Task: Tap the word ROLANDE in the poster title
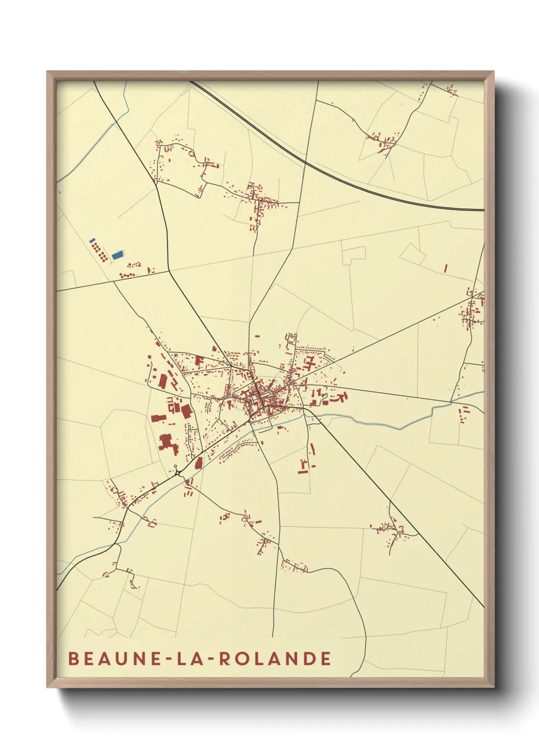coord(275,658)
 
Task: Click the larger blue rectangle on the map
coord(117,254)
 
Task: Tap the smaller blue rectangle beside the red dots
coord(92,240)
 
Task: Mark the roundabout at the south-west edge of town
coord(176,472)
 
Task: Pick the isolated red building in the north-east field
coord(445,267)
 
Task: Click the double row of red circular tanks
coord(99,251)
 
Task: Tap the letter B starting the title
coord(73,658)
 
